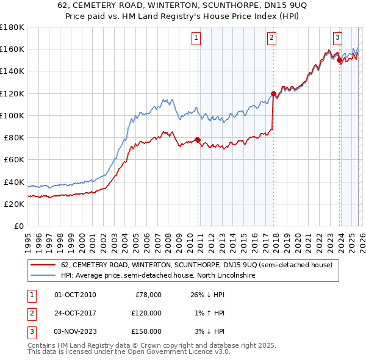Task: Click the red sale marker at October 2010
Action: tap(198, 140)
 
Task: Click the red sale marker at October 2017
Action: tap(273, 93)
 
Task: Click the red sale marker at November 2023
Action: tap(339, 60)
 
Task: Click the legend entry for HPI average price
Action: tap(157, 276)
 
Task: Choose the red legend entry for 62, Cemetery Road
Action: tap(196, 265)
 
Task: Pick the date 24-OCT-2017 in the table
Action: tap(75, 313)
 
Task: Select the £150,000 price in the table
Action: tap(146, 331)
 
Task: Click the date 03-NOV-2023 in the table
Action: tap(75, 331)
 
